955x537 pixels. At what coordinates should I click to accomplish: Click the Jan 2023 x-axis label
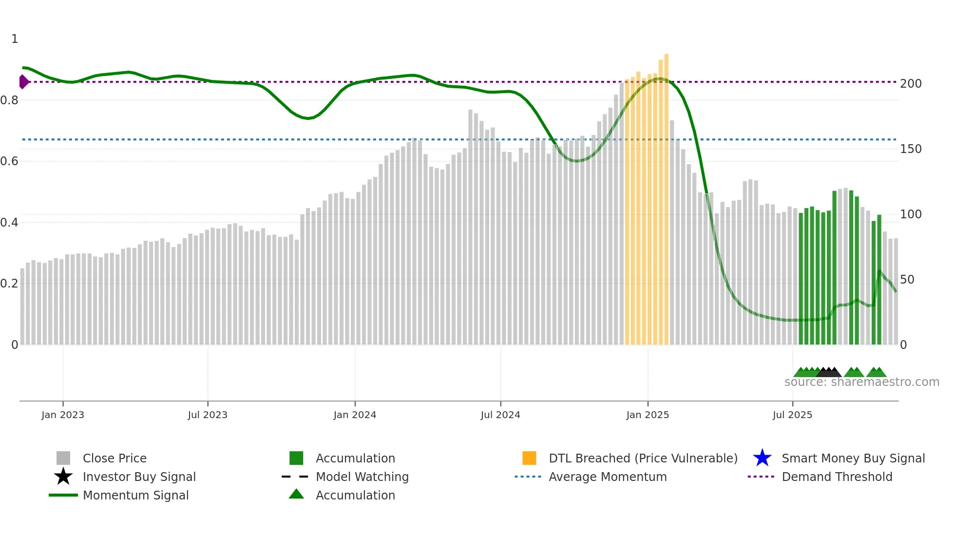tap(63, 415)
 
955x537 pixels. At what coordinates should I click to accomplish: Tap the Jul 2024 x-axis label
tap(500, 415)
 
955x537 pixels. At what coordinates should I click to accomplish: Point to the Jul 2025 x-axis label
tap(792, 415)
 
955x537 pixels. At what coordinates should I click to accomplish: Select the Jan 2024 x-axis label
tap(355, 415)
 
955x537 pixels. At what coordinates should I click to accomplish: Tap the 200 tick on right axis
tap(911, 84)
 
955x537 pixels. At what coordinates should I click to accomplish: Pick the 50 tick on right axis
tap(907, 280)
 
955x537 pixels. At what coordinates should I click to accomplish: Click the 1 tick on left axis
tap(15, 39)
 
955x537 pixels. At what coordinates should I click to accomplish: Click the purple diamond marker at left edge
tap(23, 82)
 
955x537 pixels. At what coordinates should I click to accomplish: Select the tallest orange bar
tap(666, 195)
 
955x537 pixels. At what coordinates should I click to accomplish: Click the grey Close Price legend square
tap(63, 458)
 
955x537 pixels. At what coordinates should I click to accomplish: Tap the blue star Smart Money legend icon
tap(762, 458)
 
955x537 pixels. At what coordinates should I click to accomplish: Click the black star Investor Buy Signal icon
tap(63, 477)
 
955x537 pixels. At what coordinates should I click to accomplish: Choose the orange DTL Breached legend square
tap(529, 458)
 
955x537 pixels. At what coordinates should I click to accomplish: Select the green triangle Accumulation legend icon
tap(296, 494)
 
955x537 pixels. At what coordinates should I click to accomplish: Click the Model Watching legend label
tap(362, 477)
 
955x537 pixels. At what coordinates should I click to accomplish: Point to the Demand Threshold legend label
tap(837, 477)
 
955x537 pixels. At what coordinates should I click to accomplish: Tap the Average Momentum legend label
tap(608, 477)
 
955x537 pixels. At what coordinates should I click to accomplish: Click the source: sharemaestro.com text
tap(861, 382)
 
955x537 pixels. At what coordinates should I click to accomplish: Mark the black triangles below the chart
tap(829, 372)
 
